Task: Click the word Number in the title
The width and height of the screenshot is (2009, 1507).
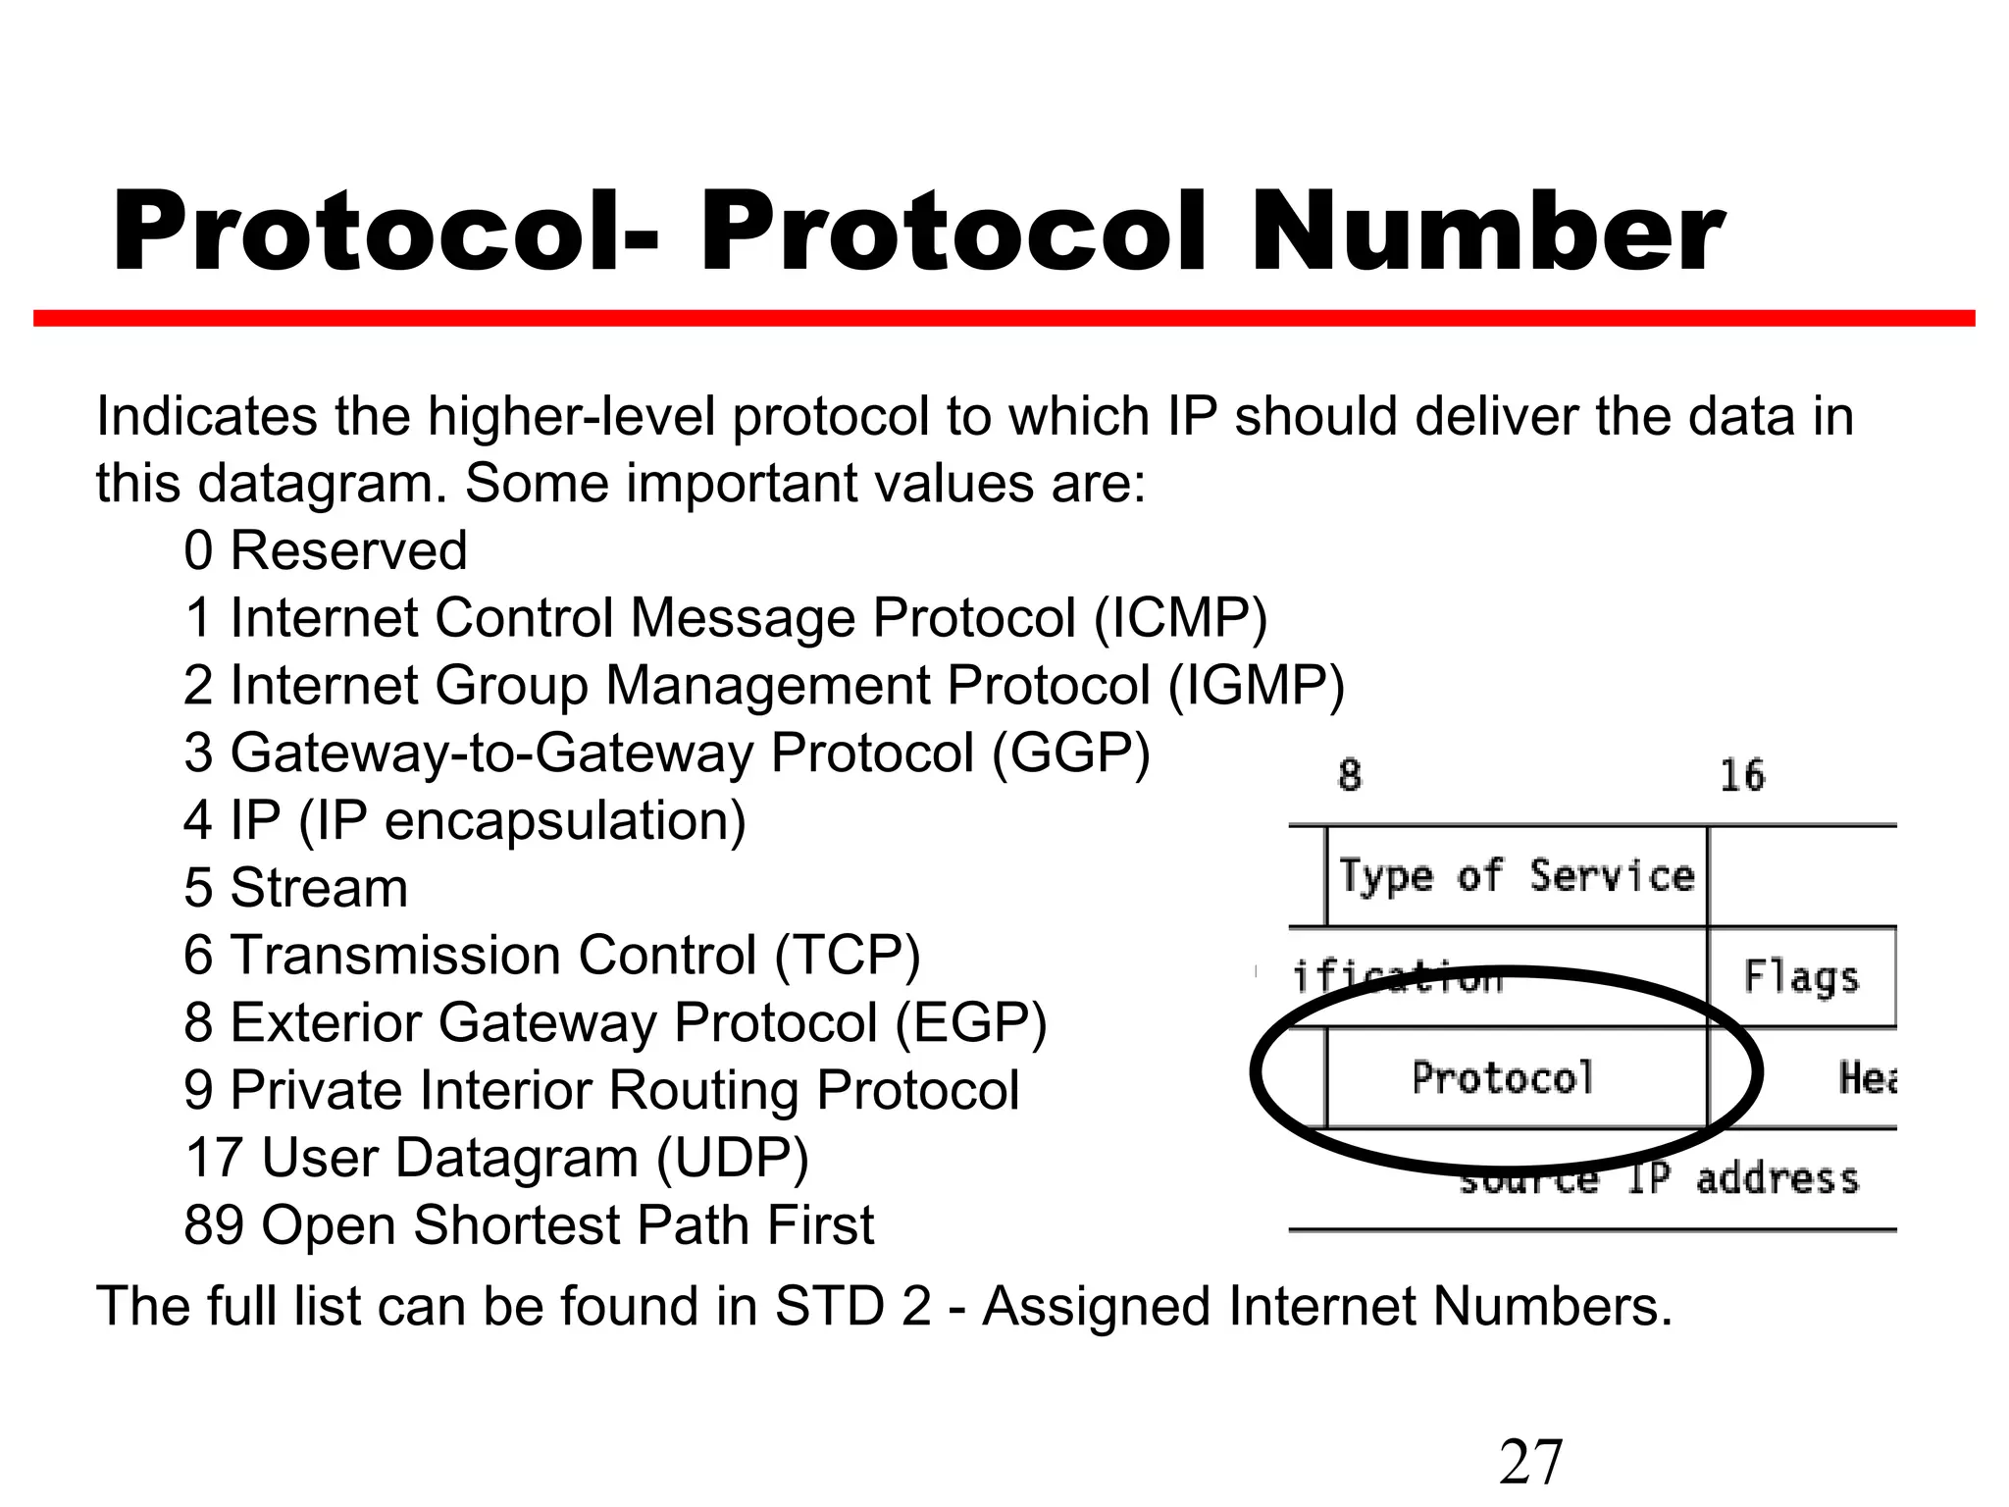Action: click(x=1485, y=234)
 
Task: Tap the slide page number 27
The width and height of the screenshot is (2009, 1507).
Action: click(x=1530, y=1462)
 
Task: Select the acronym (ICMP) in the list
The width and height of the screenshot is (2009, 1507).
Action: click(x=1181, y=618)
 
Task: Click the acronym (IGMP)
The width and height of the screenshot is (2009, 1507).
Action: click(x=1257, y=685)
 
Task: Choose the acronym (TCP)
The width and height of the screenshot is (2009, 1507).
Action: click(x=848, y=955)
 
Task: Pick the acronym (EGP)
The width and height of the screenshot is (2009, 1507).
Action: click(x=971, y=1022)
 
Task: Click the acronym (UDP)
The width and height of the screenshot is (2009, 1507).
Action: click(x=732, y=1158)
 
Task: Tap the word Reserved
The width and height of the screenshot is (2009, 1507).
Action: click(x=348, y=550)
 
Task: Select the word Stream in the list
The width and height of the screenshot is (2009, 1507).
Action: click(x=319, y=888)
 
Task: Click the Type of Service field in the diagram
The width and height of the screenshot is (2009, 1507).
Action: click(x=1517, y=876)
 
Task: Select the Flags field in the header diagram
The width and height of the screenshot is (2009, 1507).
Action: click(x=1801, y=977)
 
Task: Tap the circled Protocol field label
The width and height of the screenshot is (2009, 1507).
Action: click(x=1503, y=1078)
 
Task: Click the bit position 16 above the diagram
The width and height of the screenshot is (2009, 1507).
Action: click(x=1742, y=776)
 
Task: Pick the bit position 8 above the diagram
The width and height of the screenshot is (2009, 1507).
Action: click(x=1350, y=776)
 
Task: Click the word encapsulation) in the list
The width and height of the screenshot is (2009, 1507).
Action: click(x=565, y=820)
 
